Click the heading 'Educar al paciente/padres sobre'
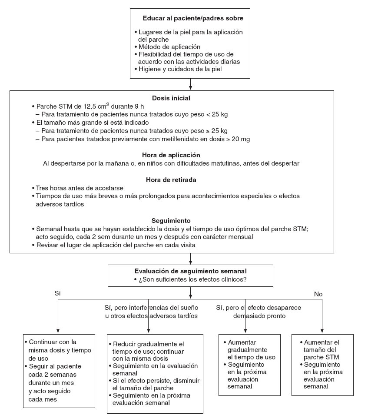pyautogui.click(x=193, y=18)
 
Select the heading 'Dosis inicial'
pyautogui.click(x=171, y=98)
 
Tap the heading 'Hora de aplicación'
pyautogui.click(x=171, y=155)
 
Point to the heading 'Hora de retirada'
pyautogui.click(x=171, y=179)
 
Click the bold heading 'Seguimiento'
pyautogui.click(x=171, y=220)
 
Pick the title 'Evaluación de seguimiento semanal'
pyautogui.click(x=190, y=271)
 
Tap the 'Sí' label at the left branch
pyautogui.click(x=57, y=293)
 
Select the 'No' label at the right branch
pyautogui.click(x=318, y=294)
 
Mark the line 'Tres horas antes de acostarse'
pyautogui.click(x=80, y=188)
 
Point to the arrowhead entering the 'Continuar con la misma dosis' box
pyautogui.click(x=58, y=331)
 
